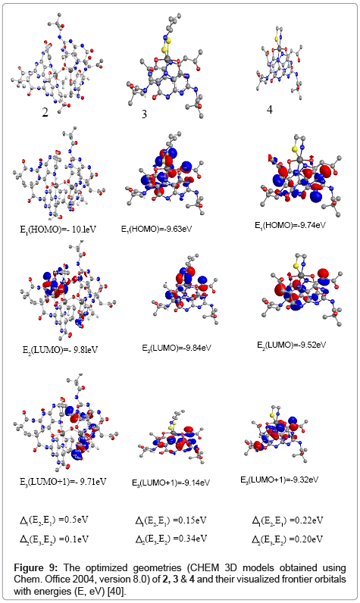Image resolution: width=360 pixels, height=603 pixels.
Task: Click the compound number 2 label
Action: (45, 112)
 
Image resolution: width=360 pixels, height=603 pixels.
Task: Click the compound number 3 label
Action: (144, 114)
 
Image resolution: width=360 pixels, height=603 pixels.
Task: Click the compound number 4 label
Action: (270, 110)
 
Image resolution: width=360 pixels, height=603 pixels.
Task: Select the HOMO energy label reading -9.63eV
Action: (157, 230)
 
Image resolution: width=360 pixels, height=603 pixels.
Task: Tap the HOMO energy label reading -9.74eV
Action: (290, 225)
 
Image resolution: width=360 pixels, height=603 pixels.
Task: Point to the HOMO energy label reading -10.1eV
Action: (58, 230)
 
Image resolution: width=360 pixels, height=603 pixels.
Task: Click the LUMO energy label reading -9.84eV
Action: (177, 348)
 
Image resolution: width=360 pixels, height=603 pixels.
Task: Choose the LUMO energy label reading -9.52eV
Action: (292, 345)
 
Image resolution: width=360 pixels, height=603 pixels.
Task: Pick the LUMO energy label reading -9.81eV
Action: (60, 350)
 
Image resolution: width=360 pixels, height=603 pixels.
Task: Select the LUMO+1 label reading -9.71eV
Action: (63, 482)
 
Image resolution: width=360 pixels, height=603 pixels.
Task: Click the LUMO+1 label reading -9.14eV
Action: (171, 483)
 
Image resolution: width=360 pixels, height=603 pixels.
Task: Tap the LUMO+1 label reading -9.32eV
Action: (280, 480)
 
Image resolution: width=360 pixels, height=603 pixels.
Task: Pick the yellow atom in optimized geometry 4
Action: (276, 38)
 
